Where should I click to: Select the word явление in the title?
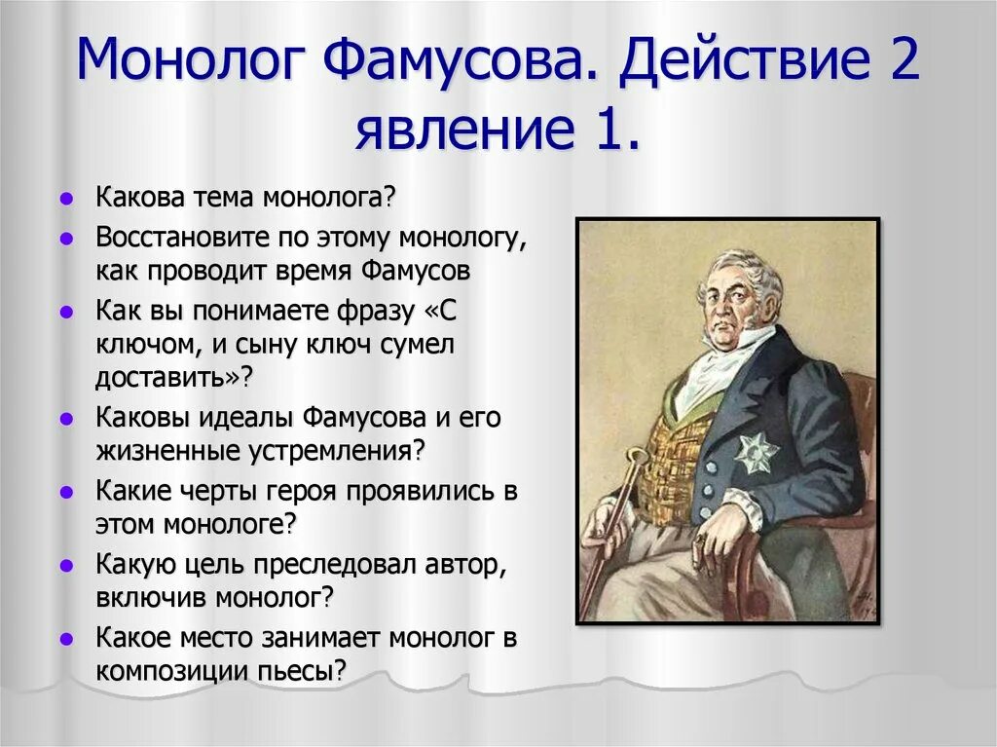464,129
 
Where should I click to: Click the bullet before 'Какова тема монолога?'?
65,199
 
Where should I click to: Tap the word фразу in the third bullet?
376,312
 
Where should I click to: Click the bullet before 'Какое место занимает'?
65,639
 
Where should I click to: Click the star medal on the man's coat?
757,452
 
